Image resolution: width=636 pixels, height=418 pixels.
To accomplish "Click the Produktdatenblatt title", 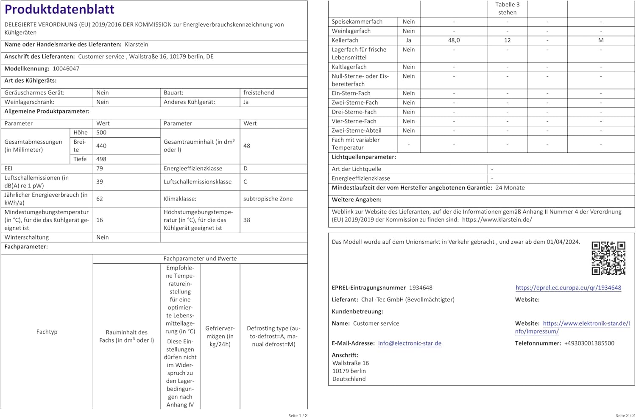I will (x=59, y=9).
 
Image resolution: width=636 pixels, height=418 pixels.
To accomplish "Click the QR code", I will (x=608, y=258).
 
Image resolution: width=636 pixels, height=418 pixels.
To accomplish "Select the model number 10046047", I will (x=66, y=69).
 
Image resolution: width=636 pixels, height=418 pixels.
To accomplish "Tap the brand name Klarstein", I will (x=136, y=45).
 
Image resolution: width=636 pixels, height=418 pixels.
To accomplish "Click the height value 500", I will (x=101, y=133).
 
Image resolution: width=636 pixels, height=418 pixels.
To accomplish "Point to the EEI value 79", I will (x=100, y=169).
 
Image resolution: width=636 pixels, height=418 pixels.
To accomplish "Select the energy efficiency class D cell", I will (x=245, y=169).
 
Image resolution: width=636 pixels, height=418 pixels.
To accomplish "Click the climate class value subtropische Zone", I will (x=268, y=199).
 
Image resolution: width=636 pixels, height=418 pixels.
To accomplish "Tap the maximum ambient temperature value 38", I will (x=247, y=220).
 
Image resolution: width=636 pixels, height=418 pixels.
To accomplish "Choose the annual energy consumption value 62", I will (x=100, y=199).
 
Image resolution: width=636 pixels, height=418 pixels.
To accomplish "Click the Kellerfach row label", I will (x=345, y=40).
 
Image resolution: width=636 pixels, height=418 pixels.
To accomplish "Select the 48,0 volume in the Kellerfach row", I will (x=454, y=40).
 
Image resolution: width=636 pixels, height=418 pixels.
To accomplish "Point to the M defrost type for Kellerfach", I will (x=601, y=40).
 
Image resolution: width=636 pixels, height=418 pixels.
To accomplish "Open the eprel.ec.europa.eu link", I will (x=568, y=288).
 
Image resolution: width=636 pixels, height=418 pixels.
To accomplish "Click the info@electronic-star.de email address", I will (x=410, y=343).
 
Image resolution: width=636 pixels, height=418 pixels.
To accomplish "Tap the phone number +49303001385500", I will (x=589, y=343).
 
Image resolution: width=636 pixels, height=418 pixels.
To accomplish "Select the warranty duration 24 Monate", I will (x=510, y=188).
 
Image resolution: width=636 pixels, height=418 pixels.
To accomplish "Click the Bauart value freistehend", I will (x=259, y=93).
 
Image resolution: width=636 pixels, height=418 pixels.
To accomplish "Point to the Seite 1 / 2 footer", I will (x=298, y=415).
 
